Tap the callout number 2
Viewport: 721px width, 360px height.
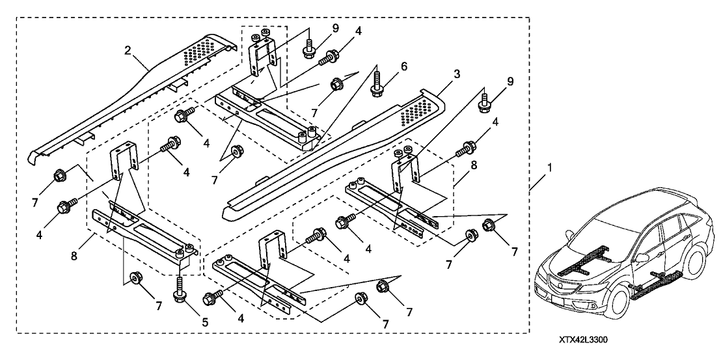point(127,51)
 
